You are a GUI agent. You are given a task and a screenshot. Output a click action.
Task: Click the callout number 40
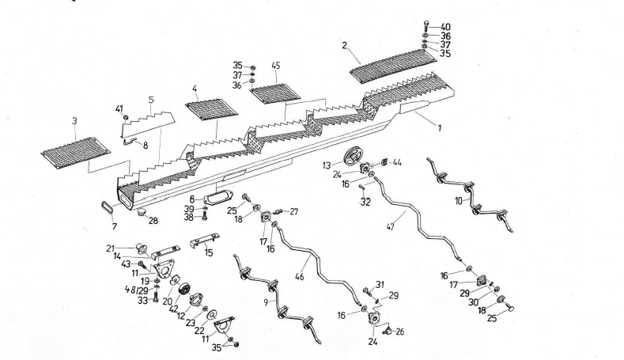tap(447, 26)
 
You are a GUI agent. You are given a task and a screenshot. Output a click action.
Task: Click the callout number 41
tap(120, 108)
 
